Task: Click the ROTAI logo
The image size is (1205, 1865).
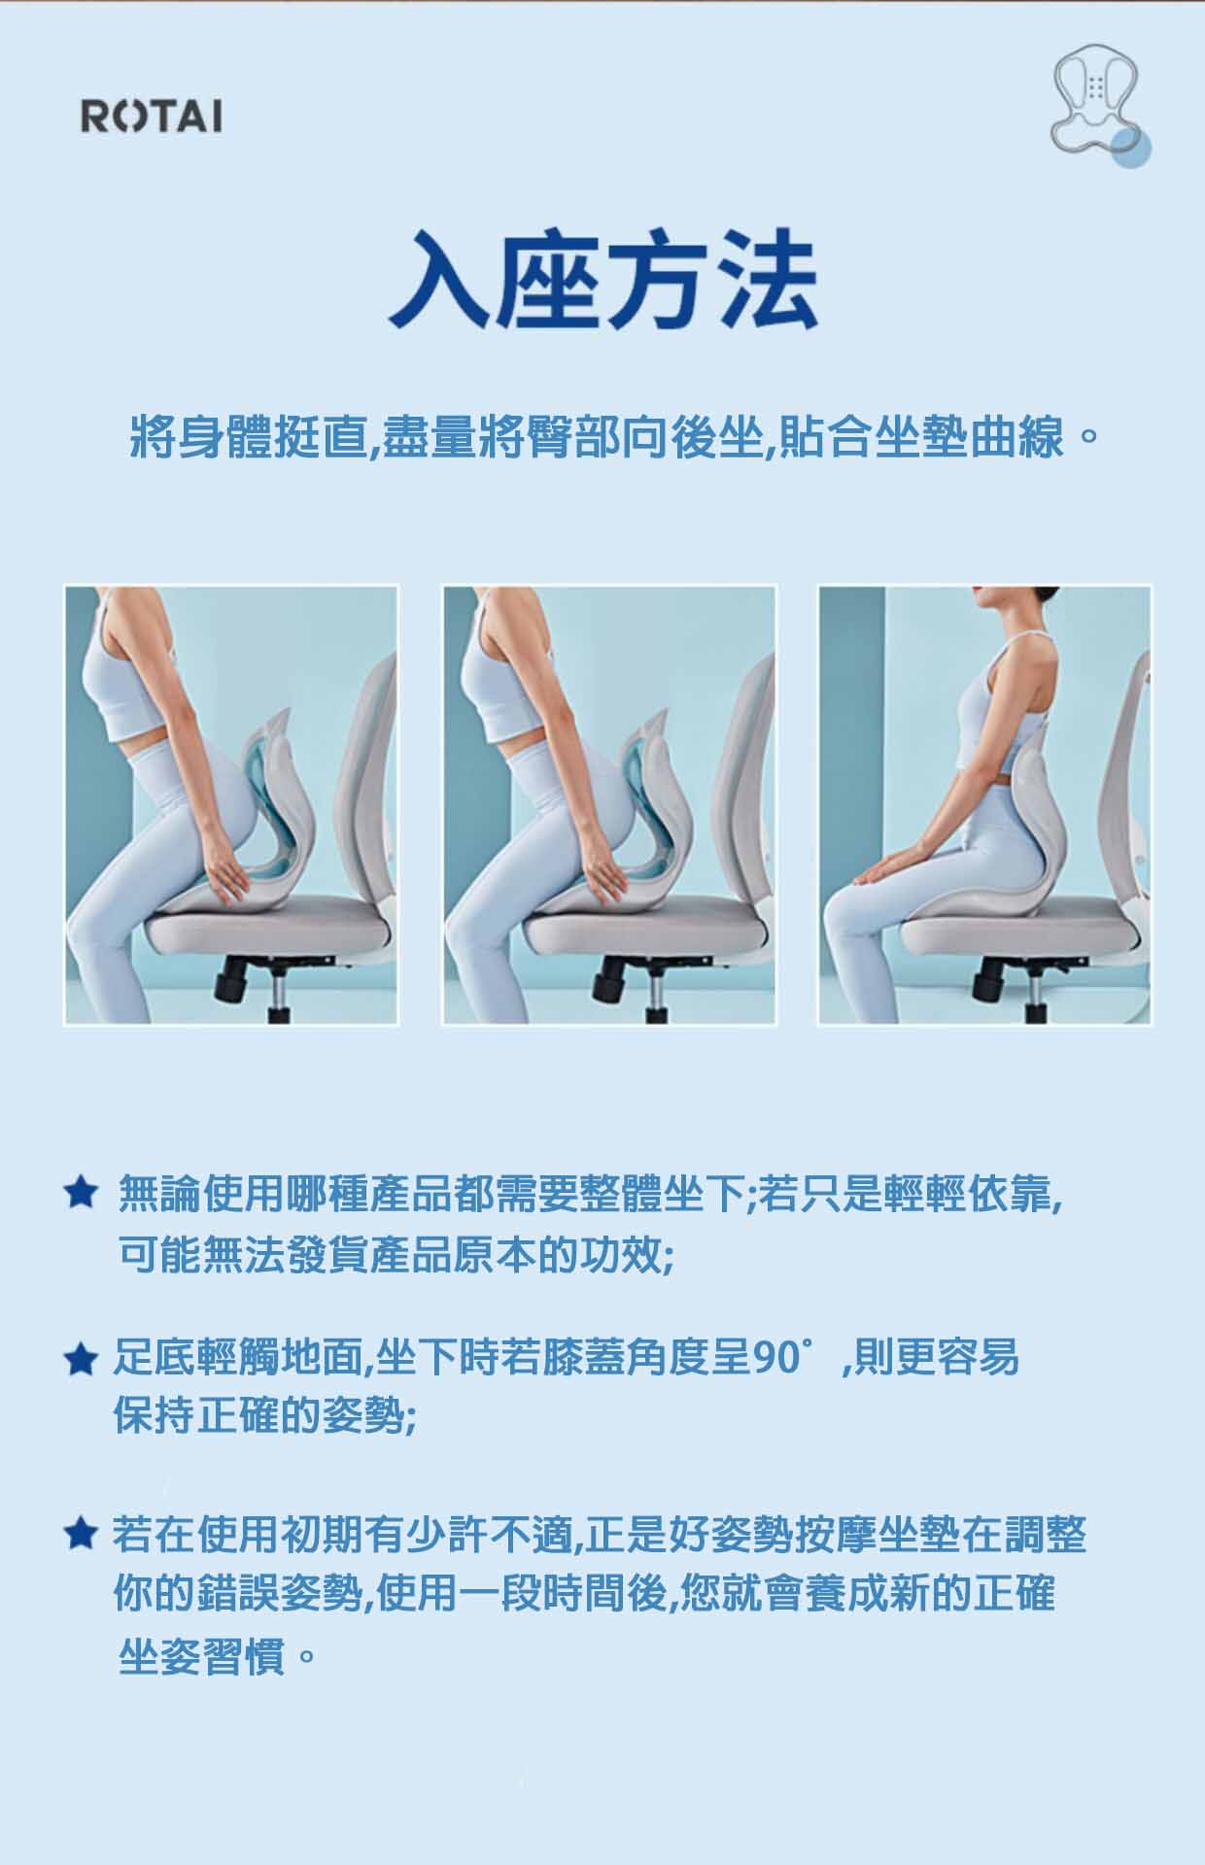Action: click(x=151, y=117)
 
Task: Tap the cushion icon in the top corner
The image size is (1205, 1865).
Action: click(x=1101, y=106)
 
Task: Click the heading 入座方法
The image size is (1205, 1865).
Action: click(x=602, y=279)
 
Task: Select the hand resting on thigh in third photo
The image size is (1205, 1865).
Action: click(x=879, y=869)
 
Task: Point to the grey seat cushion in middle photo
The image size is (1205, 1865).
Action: click(x=641, y=932)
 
